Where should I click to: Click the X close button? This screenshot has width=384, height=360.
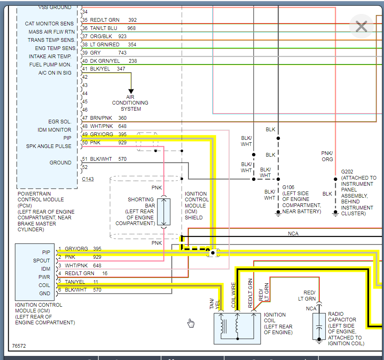click(361, 27)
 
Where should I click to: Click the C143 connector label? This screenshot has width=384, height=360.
click(88, 179)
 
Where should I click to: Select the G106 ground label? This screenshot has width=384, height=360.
click(289, 187)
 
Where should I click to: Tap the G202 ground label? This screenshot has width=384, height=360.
click(347, 172)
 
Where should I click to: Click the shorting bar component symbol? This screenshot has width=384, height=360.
click(164, 212)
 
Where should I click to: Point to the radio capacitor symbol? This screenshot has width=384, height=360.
click(319, 326)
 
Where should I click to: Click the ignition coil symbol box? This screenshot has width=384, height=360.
click(237, 327)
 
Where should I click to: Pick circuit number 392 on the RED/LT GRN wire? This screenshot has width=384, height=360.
click(132, 20)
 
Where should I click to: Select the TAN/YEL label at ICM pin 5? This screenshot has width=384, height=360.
click(75, 282)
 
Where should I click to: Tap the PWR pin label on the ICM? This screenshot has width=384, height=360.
click(44, 277)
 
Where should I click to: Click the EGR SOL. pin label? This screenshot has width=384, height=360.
click(60, 122)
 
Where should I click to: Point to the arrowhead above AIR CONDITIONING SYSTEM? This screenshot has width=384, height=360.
click(131, 91)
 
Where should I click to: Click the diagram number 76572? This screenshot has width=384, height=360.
click(19, 346)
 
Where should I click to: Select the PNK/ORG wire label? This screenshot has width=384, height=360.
click(327, 156)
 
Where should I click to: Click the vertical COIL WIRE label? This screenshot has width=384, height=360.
click(234, 295)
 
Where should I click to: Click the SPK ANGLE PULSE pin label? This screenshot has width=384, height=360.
click(49, 146)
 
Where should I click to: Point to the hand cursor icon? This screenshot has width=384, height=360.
click(191, 323)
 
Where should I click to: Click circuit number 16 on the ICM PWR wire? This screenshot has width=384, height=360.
click(105, 273)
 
